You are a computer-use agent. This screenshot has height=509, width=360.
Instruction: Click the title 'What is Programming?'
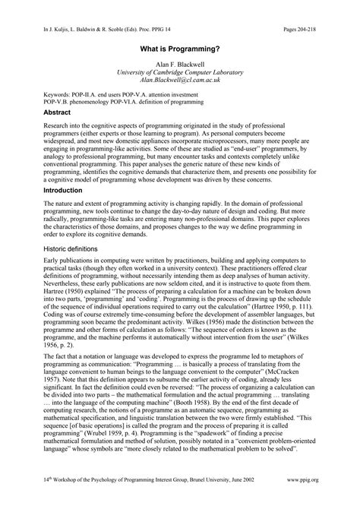click(x=179, y=46)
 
